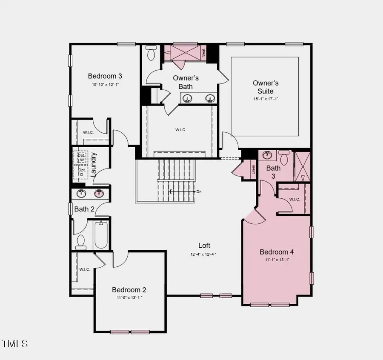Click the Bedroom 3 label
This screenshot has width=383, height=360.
[105, 76]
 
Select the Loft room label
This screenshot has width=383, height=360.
[204, 246]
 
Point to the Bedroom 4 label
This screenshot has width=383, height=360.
[277, 252]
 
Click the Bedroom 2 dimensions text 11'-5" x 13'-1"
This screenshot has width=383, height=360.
[129, 298]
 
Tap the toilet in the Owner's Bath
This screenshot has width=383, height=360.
[151, 54]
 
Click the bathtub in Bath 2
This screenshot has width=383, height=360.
[101, 234]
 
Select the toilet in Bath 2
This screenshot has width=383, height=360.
[80, 241]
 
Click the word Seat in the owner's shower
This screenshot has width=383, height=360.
[203, 53]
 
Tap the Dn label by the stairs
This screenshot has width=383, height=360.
[199, 191]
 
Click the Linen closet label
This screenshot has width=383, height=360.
[254, 169]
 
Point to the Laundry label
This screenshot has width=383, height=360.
[94, 165]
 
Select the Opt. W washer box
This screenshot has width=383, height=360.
[81, 157]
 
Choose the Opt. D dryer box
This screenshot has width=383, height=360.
[81, 172]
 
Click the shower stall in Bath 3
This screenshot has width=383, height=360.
[303, 166]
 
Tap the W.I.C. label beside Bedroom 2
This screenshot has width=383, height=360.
[85, 269]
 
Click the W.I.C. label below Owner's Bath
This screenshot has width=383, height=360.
[180, 130]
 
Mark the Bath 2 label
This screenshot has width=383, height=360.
[84, 209]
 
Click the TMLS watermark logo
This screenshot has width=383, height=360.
[15, 343]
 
